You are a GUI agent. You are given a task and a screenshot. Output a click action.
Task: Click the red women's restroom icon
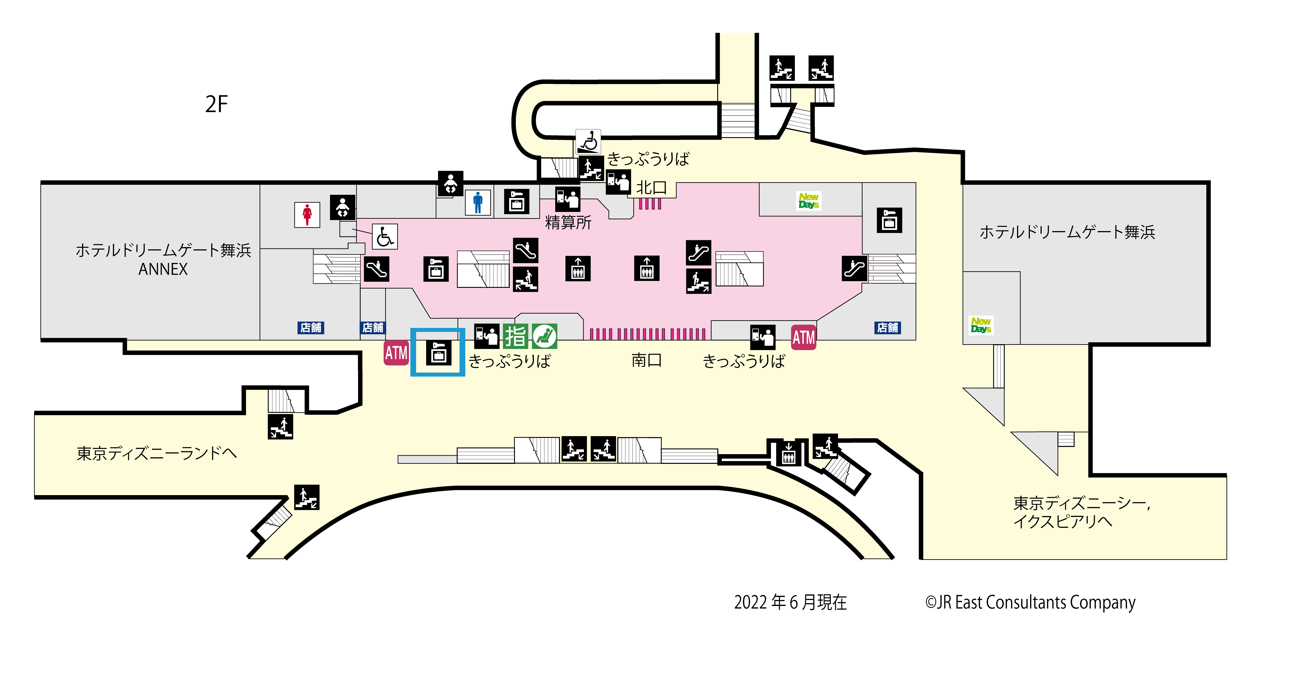pos(307,215)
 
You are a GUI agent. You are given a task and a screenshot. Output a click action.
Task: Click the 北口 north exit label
pos(652,188)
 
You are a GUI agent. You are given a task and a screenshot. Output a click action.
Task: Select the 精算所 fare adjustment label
pos(568,222)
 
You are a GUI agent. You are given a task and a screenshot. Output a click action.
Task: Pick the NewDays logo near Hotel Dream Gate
pos(980,325)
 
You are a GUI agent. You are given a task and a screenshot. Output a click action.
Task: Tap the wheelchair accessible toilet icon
pos(385,237)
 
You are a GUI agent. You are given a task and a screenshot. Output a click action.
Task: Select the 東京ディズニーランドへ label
pos(156,453)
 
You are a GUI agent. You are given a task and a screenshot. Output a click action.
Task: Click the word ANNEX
pos(163,269)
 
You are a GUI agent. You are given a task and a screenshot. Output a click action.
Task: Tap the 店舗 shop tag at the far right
pos(888,328)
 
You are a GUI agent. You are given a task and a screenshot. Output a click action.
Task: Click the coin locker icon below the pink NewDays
pos(889,220)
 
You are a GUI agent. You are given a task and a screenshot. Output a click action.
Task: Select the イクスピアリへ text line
pos(1062,521)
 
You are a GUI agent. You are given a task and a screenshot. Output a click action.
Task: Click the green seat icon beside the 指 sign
pos(545,336)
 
